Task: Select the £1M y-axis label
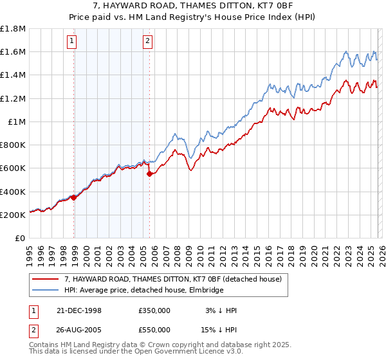point(17,122)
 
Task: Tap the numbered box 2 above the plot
point(147,42)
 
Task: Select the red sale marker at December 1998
point(74,197)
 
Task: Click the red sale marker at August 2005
point(149,174)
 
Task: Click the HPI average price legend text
point(143,290)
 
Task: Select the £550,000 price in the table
point(154,329)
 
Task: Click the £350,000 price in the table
point(154,310)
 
